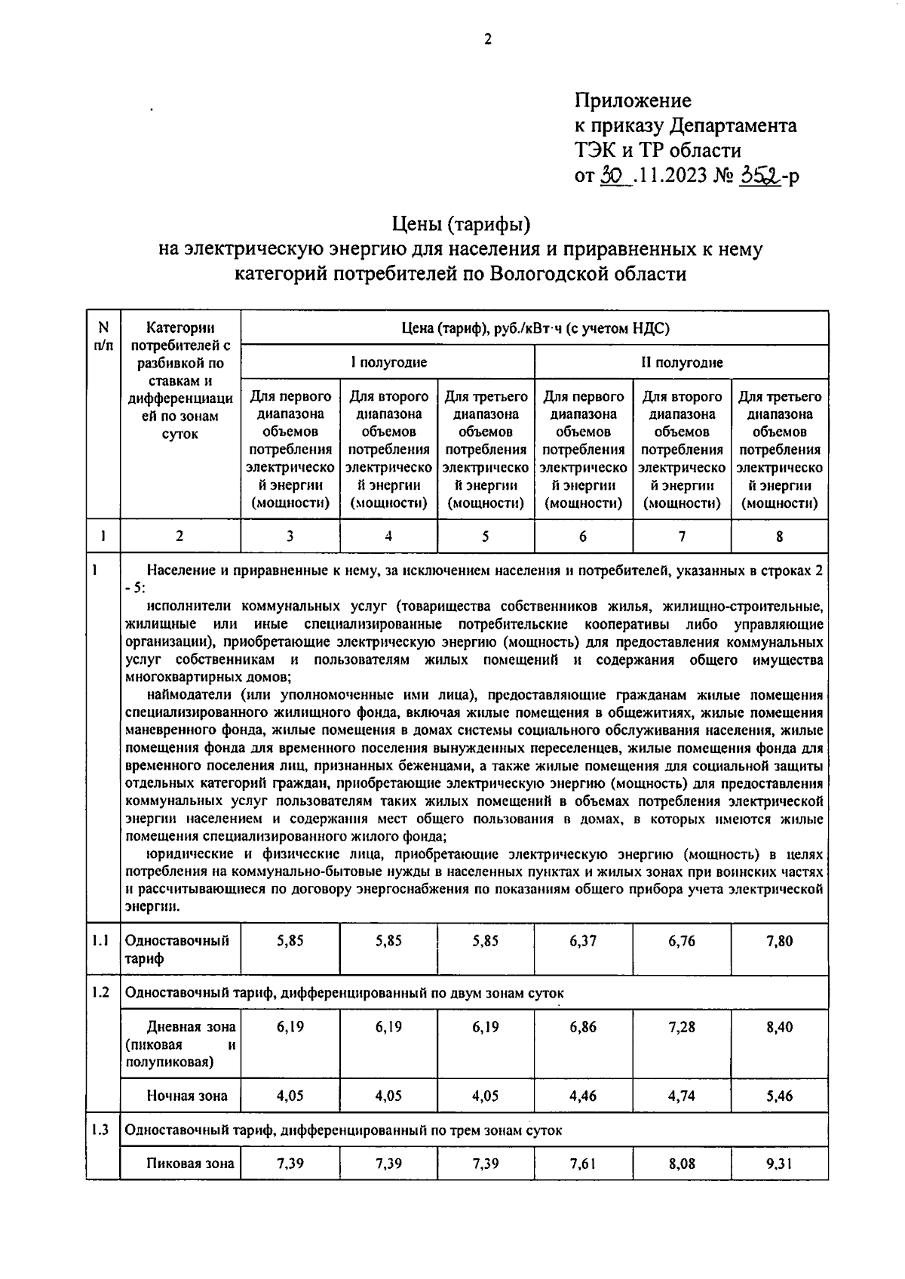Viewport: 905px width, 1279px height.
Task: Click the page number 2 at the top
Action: pos(487,40)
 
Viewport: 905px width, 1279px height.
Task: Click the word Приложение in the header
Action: pos(633,100)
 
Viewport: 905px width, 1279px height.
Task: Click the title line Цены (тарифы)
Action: pos(461,223)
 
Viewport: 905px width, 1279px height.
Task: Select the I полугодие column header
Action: pos(388,362)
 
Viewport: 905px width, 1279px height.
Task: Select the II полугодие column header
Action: pos(682,362)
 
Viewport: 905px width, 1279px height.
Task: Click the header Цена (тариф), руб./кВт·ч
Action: pos(535,328)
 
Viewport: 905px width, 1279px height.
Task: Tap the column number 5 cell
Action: pos(486,537)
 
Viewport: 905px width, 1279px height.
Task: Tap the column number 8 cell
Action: pos(779,537)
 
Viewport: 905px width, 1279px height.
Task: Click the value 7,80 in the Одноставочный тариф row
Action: pos(779,941)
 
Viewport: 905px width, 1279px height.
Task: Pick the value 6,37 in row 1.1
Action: pos(584,941)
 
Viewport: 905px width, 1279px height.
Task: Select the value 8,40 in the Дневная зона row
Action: pos(779,1027)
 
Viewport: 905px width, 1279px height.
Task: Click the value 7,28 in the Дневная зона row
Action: pos(682,1027)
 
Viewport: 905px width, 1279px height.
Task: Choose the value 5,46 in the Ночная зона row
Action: pos(779,1096)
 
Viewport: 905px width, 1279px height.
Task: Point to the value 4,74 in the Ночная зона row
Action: pos(682,1096)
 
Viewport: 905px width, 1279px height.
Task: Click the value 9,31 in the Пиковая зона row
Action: pos(779,1164)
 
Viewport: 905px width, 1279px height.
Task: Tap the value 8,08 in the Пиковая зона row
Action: pos(682,1164)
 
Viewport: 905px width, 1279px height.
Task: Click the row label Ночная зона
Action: pos(187,1096)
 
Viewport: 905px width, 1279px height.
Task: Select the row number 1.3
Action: pos(101,1130)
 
